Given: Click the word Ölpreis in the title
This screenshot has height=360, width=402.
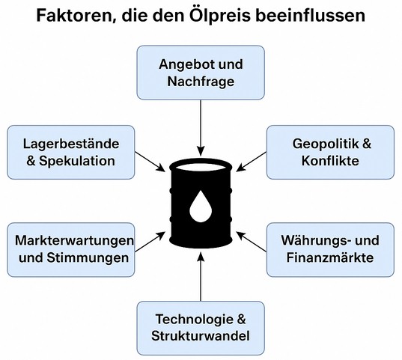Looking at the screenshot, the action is click(220, 15).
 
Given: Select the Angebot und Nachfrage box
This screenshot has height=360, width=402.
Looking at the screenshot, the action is click(201, 73).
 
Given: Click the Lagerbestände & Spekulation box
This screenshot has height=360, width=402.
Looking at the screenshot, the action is click(71, 152).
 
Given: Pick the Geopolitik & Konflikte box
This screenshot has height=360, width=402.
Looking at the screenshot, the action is click(330, 152).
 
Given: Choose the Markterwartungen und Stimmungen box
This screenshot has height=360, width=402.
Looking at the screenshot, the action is click(71, 249).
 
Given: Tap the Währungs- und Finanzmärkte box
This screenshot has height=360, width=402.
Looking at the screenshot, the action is click(330, 249).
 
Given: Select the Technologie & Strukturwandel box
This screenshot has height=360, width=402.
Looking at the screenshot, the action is click(201, 329).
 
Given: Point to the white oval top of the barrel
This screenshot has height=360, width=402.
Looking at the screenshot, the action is click(201, 167).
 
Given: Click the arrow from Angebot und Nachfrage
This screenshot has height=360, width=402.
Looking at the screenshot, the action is click(201, 128).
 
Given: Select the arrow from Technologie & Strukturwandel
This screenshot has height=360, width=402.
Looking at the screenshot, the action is click(201, 277).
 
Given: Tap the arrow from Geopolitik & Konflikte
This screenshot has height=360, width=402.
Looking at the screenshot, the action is click(251, 162).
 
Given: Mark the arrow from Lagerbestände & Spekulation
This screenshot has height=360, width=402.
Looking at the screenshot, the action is click(150, 162).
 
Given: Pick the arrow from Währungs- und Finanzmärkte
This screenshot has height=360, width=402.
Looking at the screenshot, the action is click(251, 241).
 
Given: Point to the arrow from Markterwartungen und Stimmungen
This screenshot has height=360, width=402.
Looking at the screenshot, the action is click(150, 241).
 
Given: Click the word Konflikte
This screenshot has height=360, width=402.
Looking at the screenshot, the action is click(330, 161).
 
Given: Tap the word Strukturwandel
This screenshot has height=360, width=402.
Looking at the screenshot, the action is click(201, 336).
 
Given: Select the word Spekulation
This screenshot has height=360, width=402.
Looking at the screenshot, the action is click(77, 161).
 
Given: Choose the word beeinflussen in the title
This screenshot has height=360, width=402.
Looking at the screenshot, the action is click(311, 16).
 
